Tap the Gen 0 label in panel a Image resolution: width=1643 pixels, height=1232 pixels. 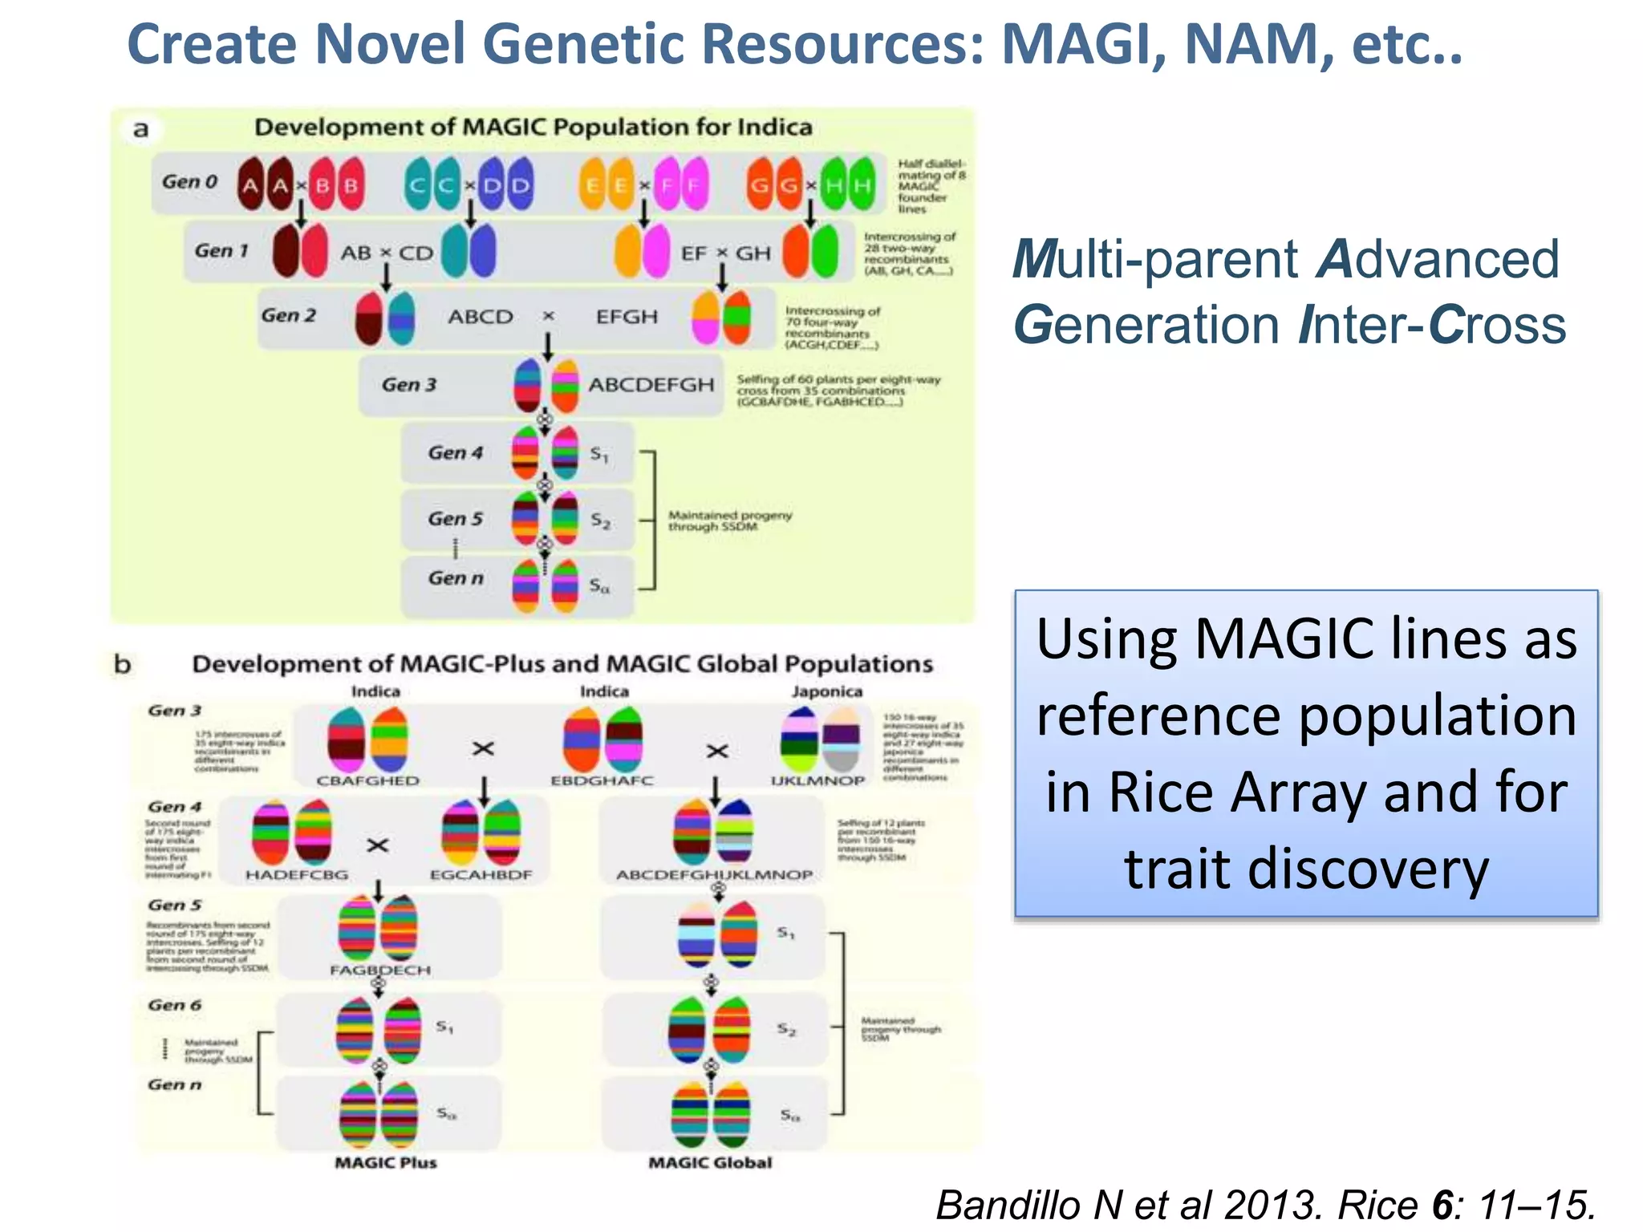pos(190,182)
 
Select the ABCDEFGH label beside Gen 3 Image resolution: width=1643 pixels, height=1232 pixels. pos(651,385)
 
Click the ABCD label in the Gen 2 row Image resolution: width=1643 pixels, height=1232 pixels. pos(481,317)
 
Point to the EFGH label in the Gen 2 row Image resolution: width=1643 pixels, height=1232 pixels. pos(627,317)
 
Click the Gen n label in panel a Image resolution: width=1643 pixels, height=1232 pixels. pos(456,578)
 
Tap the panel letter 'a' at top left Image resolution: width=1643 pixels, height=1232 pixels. pos(141,129)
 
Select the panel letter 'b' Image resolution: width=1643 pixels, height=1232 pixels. pos(122,664)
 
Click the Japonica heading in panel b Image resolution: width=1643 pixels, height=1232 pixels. pos(827,691)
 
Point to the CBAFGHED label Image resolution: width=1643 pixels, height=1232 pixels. pos(367,780)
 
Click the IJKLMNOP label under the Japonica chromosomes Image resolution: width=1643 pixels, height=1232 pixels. pos(817,780)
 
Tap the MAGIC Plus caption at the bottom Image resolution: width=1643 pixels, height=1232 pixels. pos(386,1162)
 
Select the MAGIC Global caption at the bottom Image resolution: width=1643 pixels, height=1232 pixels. pos(710,1162)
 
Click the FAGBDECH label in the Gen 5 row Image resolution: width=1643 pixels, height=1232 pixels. pos(380,970)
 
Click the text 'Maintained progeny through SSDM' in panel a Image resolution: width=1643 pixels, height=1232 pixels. pos(729,521)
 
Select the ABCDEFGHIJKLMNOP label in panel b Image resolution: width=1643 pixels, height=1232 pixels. pos(714,874)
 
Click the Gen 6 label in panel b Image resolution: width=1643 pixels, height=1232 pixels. pos(175,1005)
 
